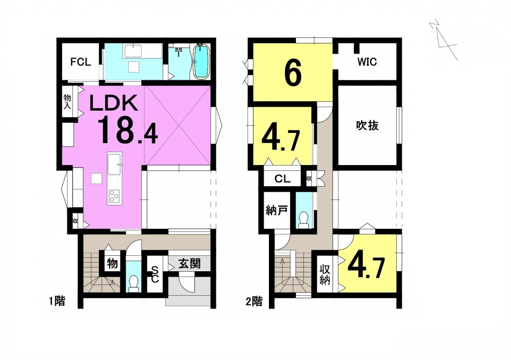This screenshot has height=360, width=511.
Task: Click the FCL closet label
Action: pos(80,61)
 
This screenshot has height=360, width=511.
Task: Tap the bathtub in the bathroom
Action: pos(201,61)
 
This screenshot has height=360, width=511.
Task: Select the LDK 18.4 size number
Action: pos(127,130)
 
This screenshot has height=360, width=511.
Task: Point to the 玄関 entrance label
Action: pos(189,263)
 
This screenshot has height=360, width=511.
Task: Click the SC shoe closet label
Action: pos(155,274)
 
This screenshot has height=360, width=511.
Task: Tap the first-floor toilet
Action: pos(133,283)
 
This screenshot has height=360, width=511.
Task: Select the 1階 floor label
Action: pos(57,301)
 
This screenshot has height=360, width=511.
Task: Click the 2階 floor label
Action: pos(254,302)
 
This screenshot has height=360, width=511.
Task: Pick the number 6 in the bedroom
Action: pos(292,74)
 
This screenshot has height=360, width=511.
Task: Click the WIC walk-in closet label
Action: pos(367,61)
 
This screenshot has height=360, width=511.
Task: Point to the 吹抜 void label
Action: pos(367,125)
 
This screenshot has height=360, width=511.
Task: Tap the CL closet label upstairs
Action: pos(282,179)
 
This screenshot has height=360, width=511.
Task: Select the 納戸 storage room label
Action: pos(276,210)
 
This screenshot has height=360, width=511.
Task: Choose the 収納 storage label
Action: pos(324,275)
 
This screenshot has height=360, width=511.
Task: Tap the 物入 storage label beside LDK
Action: pos(67,101)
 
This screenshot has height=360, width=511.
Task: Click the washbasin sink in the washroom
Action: pos(133,51)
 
